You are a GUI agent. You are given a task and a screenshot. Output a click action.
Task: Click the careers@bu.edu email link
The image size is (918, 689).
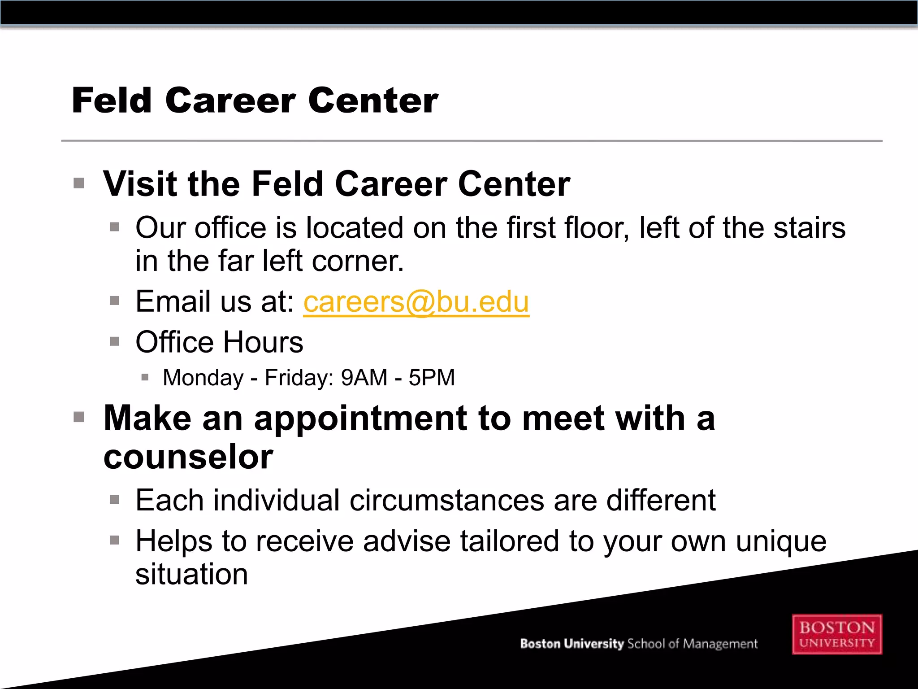point(416,302)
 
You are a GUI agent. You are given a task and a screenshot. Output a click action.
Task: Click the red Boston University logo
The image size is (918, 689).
point(837,634)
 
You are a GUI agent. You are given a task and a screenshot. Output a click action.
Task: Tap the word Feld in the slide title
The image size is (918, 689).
point(112,100)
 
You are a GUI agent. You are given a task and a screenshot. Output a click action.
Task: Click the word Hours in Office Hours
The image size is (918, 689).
point(263,342)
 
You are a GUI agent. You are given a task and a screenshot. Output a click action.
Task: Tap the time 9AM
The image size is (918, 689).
point(364,378)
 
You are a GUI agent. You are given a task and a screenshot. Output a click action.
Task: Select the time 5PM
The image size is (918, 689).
point(432,378)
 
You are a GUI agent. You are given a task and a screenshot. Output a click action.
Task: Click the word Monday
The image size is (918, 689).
point(203,378)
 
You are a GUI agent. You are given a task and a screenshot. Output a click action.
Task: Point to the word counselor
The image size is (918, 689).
point(188,458)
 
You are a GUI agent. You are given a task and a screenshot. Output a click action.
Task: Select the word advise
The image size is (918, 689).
point(407,541)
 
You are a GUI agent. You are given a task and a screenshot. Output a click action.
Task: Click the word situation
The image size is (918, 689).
point(191,574)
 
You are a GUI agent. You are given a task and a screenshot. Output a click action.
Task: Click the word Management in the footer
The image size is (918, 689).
point(720,644)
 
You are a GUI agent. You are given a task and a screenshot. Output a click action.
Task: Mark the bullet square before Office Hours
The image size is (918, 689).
point(114,342)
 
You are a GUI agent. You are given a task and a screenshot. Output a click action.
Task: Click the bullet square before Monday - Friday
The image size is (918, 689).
point(144,377)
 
